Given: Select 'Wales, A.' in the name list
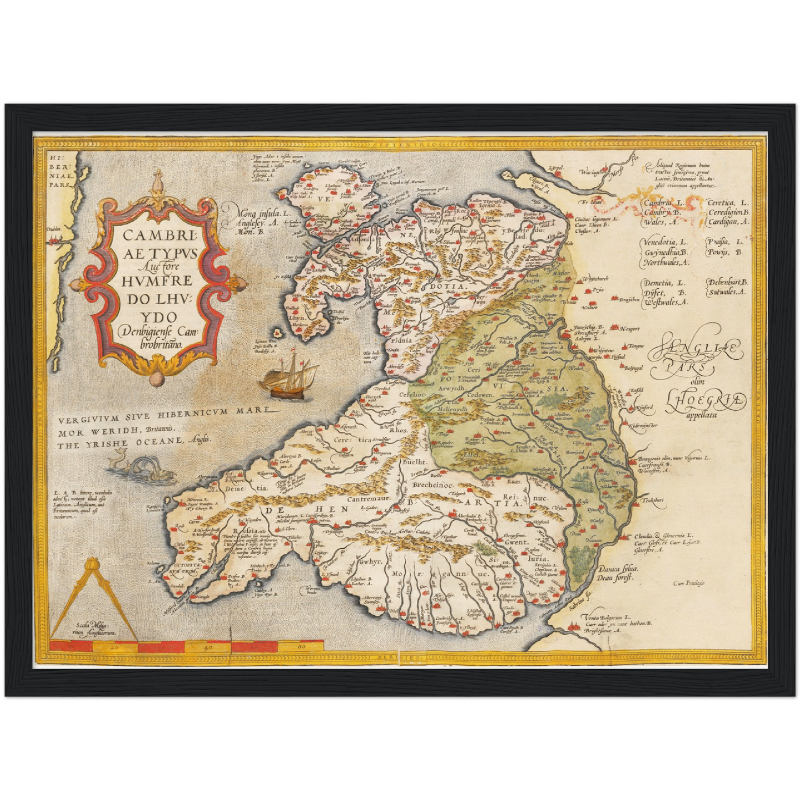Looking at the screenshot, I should point(661,222).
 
